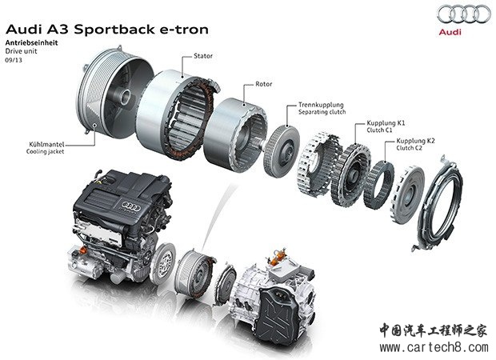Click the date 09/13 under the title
click(14, 59)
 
